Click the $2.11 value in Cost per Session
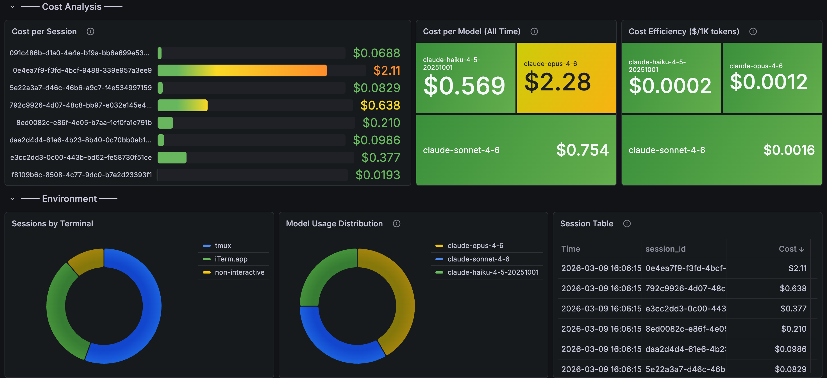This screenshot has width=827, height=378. click(x=387, y=70)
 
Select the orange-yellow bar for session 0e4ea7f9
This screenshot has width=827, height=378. click(x=242, y=70)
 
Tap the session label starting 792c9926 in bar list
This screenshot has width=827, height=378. click(x=81, y=105)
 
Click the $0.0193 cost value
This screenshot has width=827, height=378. click(x=378, y=175)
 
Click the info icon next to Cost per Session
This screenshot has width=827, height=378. click(x=90, y=31)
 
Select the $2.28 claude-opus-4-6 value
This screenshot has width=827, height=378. click(x=557, y=82)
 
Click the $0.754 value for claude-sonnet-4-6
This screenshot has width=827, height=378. click(x=582, y=150)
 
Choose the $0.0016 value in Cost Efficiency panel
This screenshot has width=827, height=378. click(x=789, y=150)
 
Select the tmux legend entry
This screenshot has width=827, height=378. click(x=223, y=245)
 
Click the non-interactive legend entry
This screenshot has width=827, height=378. click(x=240, y=272)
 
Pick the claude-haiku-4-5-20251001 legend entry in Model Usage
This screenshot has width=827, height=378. click(x=493, y=272)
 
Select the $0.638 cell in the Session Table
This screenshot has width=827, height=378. click(x=793, y=288)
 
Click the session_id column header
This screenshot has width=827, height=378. click(x=665, y=249)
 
